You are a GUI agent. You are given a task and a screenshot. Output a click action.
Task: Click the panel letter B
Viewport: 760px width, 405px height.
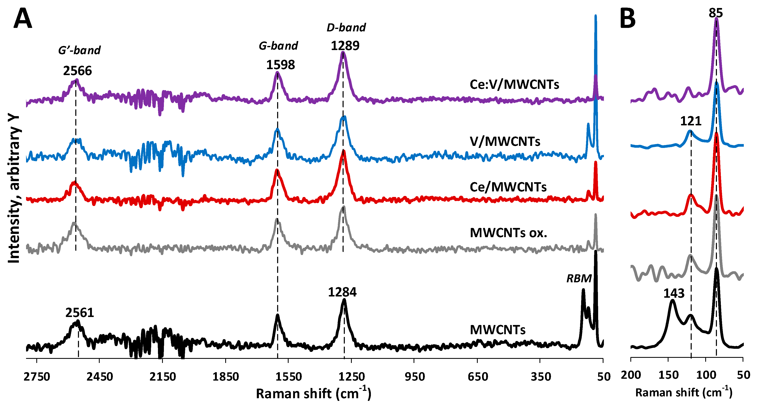pyautogui.click(x=627, y=18)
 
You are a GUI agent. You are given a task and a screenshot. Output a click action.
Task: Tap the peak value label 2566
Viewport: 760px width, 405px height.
pyautogui.click(x=77, y=71)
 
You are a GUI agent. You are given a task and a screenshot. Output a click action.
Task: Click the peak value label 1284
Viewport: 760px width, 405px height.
pyautogui.click(x=342, y=292)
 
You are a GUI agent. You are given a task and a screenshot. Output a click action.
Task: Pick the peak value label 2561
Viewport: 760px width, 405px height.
pyautogui.click(x=79, y=313)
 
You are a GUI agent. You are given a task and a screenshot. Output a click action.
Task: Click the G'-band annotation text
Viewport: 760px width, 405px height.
pyautogui.click(x=79, y=50)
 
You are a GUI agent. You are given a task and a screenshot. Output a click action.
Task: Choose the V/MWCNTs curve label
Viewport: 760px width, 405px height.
pyautogui.click(x=505, y=142)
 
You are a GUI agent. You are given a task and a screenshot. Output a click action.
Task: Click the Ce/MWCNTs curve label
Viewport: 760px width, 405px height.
pyautogui.click(x=508, y=187)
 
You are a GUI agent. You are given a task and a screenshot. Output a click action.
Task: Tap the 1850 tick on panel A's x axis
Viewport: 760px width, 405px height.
pyautogui.click(x=225, y=377)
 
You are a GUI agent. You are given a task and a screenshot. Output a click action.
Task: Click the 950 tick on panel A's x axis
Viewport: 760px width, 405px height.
pyautogui.click(x=415, y=377)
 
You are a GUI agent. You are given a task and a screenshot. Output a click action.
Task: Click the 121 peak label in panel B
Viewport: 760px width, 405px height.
pyautogui.click(x=691, y=121)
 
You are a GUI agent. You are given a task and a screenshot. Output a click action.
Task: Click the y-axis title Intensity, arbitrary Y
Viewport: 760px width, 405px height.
pyautogui.click(x=14, y=189)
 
